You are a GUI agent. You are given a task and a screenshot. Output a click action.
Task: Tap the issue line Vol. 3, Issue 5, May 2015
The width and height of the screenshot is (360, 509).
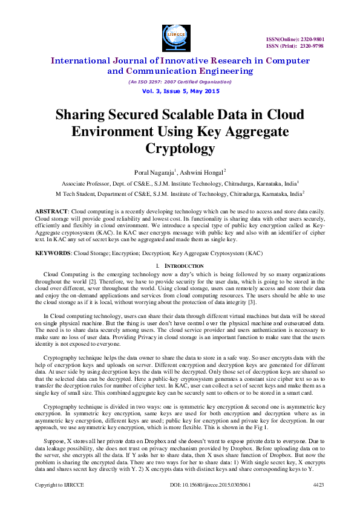[x=180, y=91]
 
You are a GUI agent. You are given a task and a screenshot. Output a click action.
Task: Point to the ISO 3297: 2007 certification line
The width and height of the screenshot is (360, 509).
[x=180, y=82]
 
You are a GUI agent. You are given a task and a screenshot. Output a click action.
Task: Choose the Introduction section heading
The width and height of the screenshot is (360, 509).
[x=188, y=265]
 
